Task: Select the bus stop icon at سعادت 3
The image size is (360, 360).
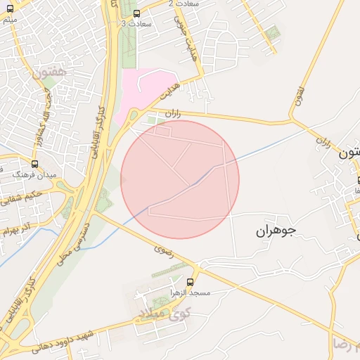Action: [x=136, y=13]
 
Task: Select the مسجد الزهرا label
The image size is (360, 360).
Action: [x=189, y=291]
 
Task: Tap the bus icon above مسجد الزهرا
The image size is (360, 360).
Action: [x=190, y=281]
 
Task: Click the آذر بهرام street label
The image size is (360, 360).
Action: [x=18, y=229]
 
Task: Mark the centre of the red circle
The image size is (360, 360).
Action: [x=180, y=180]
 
